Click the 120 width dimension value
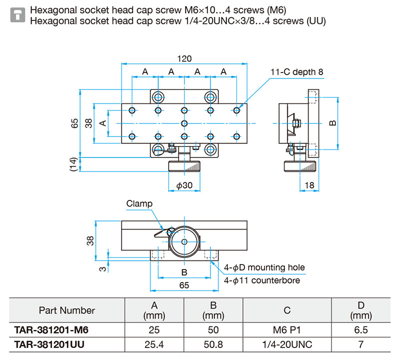tap(184, 58)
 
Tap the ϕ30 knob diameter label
tap(184, 185)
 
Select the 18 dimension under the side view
tap(309, 185)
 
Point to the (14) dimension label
tap(73, 164)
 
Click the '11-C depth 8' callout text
tap(296, 72)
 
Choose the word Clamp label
tap(139, 203)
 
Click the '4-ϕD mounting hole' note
tap(264, 267)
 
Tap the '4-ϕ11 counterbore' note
tap(261, 280)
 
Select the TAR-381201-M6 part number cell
tap(51, 330)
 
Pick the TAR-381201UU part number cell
tap(49, 344)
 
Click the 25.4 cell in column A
tap(154, 344)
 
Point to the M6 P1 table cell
tap(286, 330)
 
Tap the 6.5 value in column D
tap(360, 330)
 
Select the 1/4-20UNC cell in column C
tap(287, 344)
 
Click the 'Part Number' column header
tap(67, 310)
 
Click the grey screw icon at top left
tap(17, 15)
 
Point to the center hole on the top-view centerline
tap(184, 123)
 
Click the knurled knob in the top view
tap(184, 166)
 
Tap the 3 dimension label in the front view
tap(102, 269)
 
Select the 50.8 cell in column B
tap(213, 344)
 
